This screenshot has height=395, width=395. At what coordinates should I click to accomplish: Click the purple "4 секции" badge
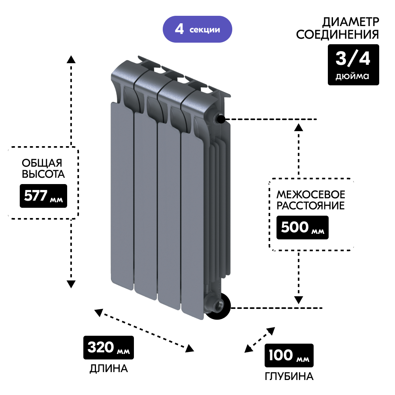coord(197,29)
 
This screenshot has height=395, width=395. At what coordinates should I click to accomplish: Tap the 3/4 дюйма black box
coord(353,65)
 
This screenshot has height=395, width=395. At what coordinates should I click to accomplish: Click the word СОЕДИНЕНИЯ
coord(337,34)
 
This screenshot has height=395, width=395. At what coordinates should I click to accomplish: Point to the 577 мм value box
coord(43,196)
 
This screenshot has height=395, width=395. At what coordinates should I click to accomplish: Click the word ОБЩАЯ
coord(42,163)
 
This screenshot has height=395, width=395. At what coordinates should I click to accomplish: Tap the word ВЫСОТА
coord(43,174)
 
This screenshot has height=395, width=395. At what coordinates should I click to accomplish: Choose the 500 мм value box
coord(302,228)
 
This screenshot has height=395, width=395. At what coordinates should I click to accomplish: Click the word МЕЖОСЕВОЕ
coord(310,194)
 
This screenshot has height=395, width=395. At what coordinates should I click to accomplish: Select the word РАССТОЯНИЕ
coord(310,206)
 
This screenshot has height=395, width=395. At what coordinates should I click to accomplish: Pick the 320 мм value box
coord(108,348)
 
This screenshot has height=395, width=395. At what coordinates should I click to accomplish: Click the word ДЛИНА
coord(109,369)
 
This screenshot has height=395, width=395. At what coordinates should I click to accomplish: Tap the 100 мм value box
coord(289,355)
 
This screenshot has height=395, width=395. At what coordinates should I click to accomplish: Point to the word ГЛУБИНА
coord(289,376)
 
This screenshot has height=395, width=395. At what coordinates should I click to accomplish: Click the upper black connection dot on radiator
coord(220,119)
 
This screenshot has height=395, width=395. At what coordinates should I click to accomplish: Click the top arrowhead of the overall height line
coord(71,59)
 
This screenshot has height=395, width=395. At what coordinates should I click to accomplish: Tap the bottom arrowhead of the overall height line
coord(71,284)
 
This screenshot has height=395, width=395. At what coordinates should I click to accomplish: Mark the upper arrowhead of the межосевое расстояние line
coord(299,127)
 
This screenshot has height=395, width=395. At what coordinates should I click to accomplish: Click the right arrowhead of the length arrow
coord(190,348)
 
